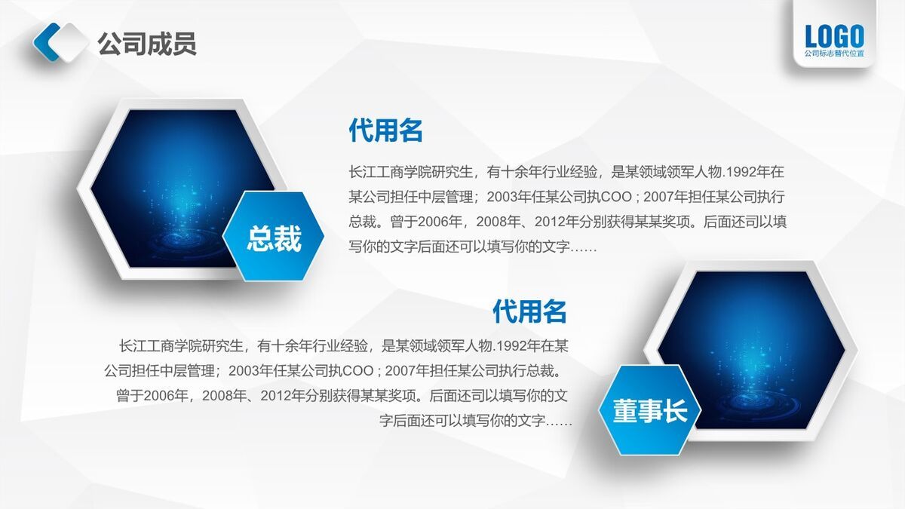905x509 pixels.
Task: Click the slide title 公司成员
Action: coord(147,44)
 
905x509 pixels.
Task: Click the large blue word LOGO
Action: coord(834,36)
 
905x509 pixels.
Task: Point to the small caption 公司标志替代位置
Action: coord(834,54)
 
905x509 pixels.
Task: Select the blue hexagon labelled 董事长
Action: coord(649,410)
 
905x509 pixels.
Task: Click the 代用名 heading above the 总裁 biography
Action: coord(385,130)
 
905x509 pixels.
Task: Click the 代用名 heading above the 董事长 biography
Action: coord(529,311)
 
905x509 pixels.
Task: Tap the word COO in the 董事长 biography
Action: coord(357,371)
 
